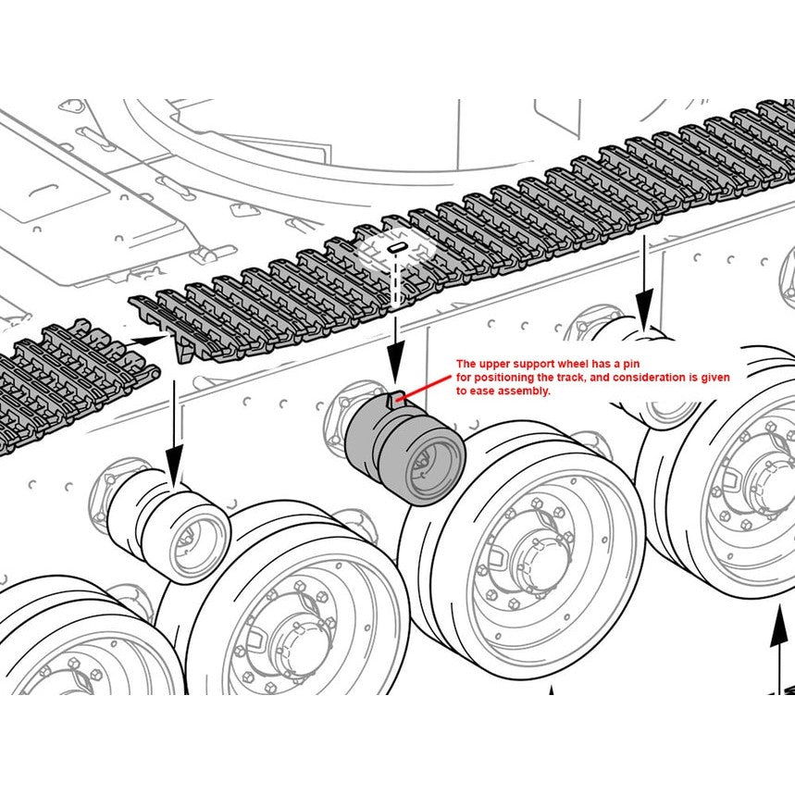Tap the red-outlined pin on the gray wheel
coord(396,400)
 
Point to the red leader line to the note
coord(428,390)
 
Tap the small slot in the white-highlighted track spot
coord(395,249)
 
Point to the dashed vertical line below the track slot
coord(395,287)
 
